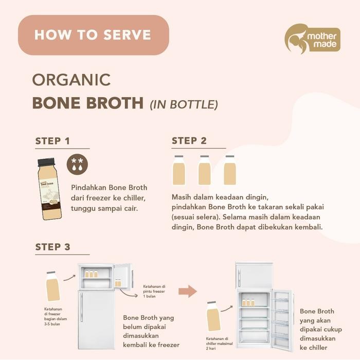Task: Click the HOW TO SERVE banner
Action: point(93,35)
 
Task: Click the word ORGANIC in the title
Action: point(71,80)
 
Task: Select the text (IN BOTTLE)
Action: point(184,104)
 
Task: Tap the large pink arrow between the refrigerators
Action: point(187,292)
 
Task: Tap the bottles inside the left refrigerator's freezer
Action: point(92,274)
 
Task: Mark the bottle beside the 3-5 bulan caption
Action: point(52,288)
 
